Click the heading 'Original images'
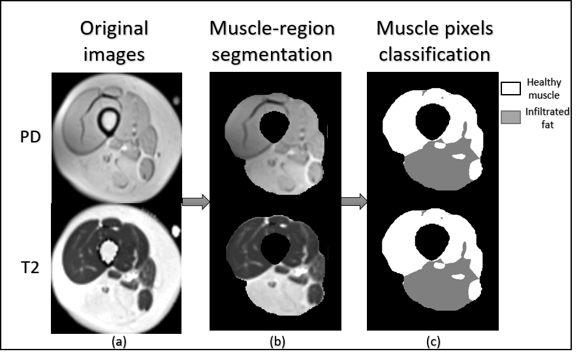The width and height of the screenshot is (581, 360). tap(115, 41)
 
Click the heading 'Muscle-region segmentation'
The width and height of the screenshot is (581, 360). tap(272, 41)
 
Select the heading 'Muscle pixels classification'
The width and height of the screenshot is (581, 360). tap(434, 41)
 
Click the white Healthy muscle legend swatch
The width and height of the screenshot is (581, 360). tap(510, 88)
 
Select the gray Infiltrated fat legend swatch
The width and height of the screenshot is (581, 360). tap(510, 117)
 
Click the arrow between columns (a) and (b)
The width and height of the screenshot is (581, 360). tap(196, 203)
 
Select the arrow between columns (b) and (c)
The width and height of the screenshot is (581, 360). tap(353, 203)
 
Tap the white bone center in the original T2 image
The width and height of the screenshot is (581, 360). tap(108, 249)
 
